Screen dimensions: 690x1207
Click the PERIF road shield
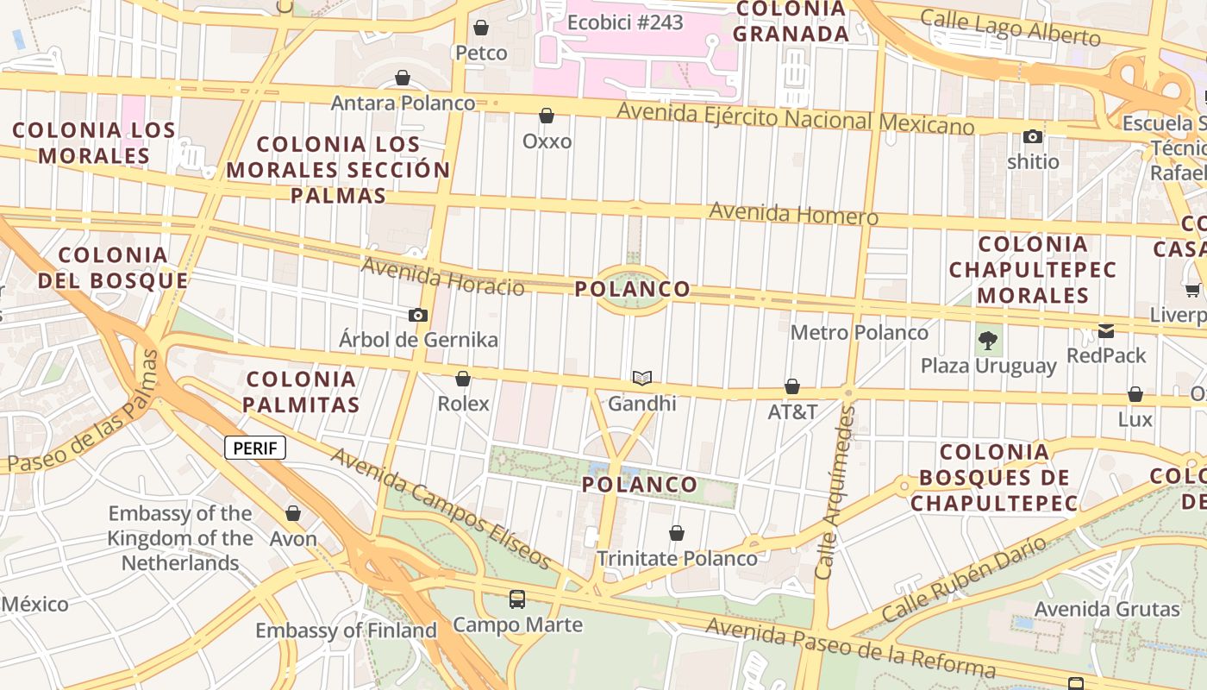click(255, 448)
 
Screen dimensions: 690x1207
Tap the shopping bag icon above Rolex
click(463, 379)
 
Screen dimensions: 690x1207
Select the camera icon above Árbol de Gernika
click(418, 315)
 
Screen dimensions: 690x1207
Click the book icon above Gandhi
click(641, 378)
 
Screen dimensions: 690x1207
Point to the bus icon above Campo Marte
click(517, 599)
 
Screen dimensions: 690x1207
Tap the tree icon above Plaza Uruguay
click(988, 340)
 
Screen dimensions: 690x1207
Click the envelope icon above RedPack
click(1106, 330)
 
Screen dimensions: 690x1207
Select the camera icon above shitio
click(1032, 136)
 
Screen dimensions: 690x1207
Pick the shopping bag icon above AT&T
click(792, 386)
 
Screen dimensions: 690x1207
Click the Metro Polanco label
click(860, 332)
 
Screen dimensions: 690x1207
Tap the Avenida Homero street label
click(793, 213)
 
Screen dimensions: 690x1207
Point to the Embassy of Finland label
click(346, 630)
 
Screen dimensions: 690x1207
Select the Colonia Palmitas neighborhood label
click(301, 392)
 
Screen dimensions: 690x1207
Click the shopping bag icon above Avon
click(293, 513)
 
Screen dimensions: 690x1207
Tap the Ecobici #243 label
click(625, 22)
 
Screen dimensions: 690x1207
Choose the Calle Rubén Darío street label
click(964, 578)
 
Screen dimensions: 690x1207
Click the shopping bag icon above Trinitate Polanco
click(677, 533)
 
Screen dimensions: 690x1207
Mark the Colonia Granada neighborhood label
click(791, 22)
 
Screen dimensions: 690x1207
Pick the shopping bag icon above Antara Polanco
click(403, 78)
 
